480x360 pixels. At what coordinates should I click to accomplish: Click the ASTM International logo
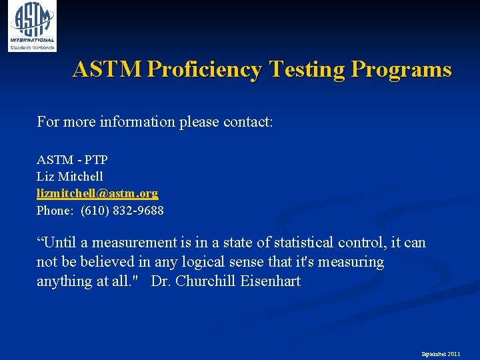(x=32, y=26)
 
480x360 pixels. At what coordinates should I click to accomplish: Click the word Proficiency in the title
(x=204, y=69)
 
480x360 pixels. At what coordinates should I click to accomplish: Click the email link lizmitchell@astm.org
(x=97, y=193)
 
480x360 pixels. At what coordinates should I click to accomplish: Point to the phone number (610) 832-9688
(x=122, y=211)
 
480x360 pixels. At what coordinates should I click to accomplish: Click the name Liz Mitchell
(x=70, y=177)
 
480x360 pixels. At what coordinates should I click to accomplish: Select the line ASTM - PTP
(x=72, y=160)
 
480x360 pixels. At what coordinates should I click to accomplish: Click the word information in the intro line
(x=137, y=122)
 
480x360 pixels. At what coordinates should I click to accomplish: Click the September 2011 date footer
(x=441, y=353)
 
